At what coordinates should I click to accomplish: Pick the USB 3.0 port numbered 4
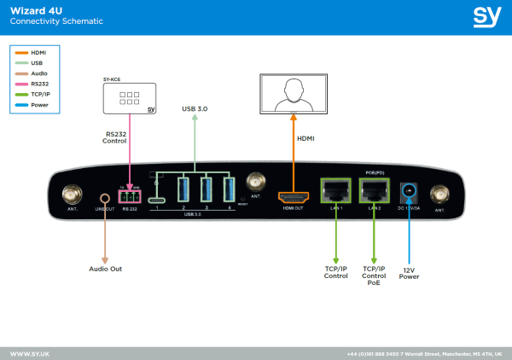[x=229, y=189]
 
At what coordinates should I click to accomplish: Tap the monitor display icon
[x=294, y=92]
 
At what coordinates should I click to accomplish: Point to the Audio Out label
[x=106, y=269]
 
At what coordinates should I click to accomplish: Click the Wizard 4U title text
[x=32, y=10]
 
